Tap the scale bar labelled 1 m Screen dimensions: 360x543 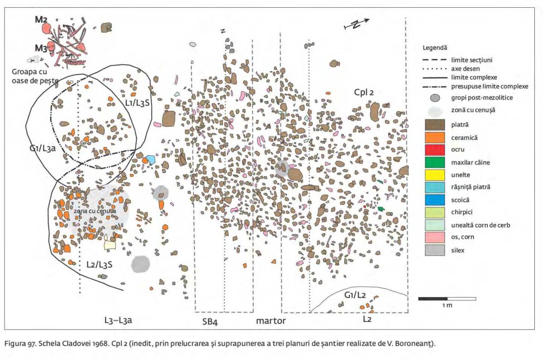(x=447, y=298)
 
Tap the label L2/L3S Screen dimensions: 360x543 (x=99, y=264)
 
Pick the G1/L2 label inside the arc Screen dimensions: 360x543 (x=355, y=295)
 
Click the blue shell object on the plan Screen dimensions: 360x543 (x=150, y=159)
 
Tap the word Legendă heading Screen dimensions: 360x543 (x=434, y=47)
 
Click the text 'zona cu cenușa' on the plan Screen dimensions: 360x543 (x=93, y=211)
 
